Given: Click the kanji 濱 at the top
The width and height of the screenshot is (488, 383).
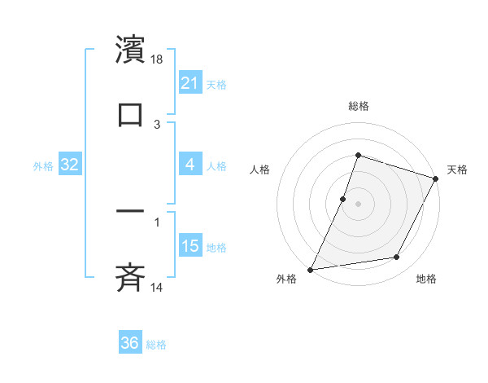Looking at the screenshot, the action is (130, 50).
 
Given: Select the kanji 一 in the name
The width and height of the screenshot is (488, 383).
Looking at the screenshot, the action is (130, 210).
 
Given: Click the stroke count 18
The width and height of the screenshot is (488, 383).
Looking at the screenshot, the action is (158, 59).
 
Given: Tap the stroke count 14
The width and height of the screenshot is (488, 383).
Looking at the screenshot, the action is (158, 287).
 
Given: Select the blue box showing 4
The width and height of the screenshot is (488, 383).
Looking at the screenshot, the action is (190, 165).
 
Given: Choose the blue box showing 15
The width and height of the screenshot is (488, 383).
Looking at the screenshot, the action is (190, 246).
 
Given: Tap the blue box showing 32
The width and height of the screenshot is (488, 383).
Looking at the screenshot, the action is (70, 165).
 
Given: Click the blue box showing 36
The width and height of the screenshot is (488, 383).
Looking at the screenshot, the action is (130, 343).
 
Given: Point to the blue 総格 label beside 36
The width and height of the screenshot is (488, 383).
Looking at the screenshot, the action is (157, 345).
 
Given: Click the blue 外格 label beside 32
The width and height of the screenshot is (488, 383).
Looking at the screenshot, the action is (43, 166).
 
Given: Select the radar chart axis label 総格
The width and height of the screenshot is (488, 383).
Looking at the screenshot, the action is (359, 106).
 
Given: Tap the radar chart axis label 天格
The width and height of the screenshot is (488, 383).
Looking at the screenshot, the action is (458, 169).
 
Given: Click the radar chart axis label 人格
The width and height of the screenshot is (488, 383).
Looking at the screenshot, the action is (259, 169).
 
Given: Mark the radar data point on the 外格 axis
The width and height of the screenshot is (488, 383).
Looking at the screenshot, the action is (311, 269).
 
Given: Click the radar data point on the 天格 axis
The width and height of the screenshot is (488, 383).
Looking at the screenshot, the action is (436, 178).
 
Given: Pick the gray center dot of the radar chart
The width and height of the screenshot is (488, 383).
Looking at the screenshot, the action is (359, 204).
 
